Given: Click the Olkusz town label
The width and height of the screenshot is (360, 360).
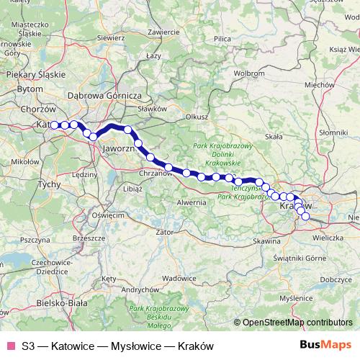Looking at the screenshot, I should (197, 115).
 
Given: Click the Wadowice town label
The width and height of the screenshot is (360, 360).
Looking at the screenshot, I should (179, 277).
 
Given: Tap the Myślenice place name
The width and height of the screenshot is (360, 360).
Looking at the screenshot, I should (303, 297).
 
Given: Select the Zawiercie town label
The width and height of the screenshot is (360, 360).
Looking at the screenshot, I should (163, 32).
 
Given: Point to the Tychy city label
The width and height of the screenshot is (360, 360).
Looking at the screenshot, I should (49, 184).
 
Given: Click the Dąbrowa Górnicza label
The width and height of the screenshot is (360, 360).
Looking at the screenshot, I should (107, 95).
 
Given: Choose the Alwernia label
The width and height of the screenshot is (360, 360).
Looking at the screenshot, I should (193, 203).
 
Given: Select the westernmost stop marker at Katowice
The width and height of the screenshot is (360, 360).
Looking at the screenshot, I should (54, 125).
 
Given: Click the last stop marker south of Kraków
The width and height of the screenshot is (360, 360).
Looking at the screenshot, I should (306, 216).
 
